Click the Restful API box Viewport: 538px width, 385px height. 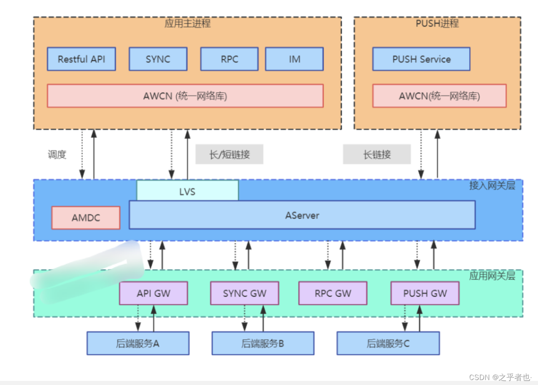coord(81,59)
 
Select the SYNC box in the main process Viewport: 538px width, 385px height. coord(158,59)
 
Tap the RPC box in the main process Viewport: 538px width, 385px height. coord(229,59)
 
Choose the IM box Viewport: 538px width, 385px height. coord(294,59)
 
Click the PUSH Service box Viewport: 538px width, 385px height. coord(421,59)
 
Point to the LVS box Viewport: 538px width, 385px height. coord(187,191)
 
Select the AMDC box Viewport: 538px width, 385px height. coord(86,218)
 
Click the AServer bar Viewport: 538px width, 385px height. coord(302,215)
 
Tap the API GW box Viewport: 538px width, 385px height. coord(153,293)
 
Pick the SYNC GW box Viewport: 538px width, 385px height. coord(244,293)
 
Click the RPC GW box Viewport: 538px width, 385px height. coord(332,293)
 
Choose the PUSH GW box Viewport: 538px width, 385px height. coord(425,293)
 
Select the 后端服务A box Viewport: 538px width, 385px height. coord(138,343)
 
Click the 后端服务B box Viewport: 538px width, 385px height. coord(263,343)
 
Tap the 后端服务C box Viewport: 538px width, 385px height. coord(388,343)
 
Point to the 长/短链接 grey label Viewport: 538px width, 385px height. coord(229,154)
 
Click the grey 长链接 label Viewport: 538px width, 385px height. coord(377,154)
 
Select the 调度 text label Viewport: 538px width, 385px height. coord(57,154)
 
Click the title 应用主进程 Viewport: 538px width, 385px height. coord(187,23)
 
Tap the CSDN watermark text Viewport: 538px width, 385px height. coord(500,377)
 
